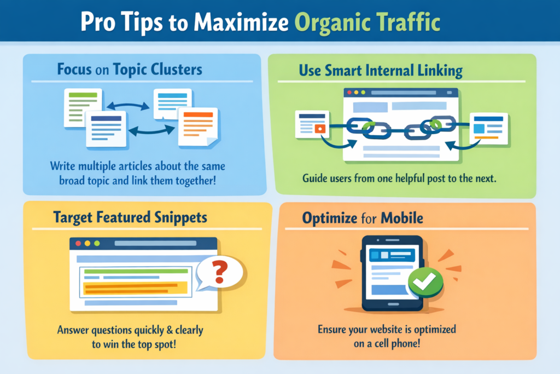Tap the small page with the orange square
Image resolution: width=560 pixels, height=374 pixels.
312,124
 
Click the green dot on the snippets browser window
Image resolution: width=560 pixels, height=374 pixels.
97,243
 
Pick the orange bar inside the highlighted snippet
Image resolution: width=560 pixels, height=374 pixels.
131,285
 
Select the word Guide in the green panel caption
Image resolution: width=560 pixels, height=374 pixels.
315,179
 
